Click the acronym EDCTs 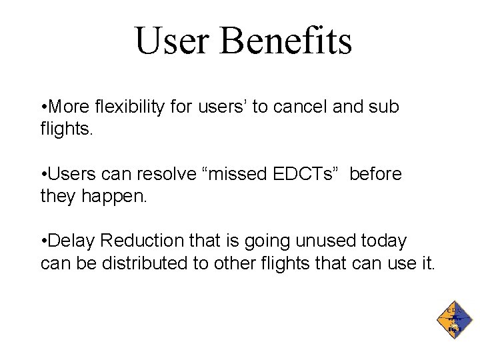click(303, 175)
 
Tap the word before click(375, 175)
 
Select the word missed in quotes click(238, 175)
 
